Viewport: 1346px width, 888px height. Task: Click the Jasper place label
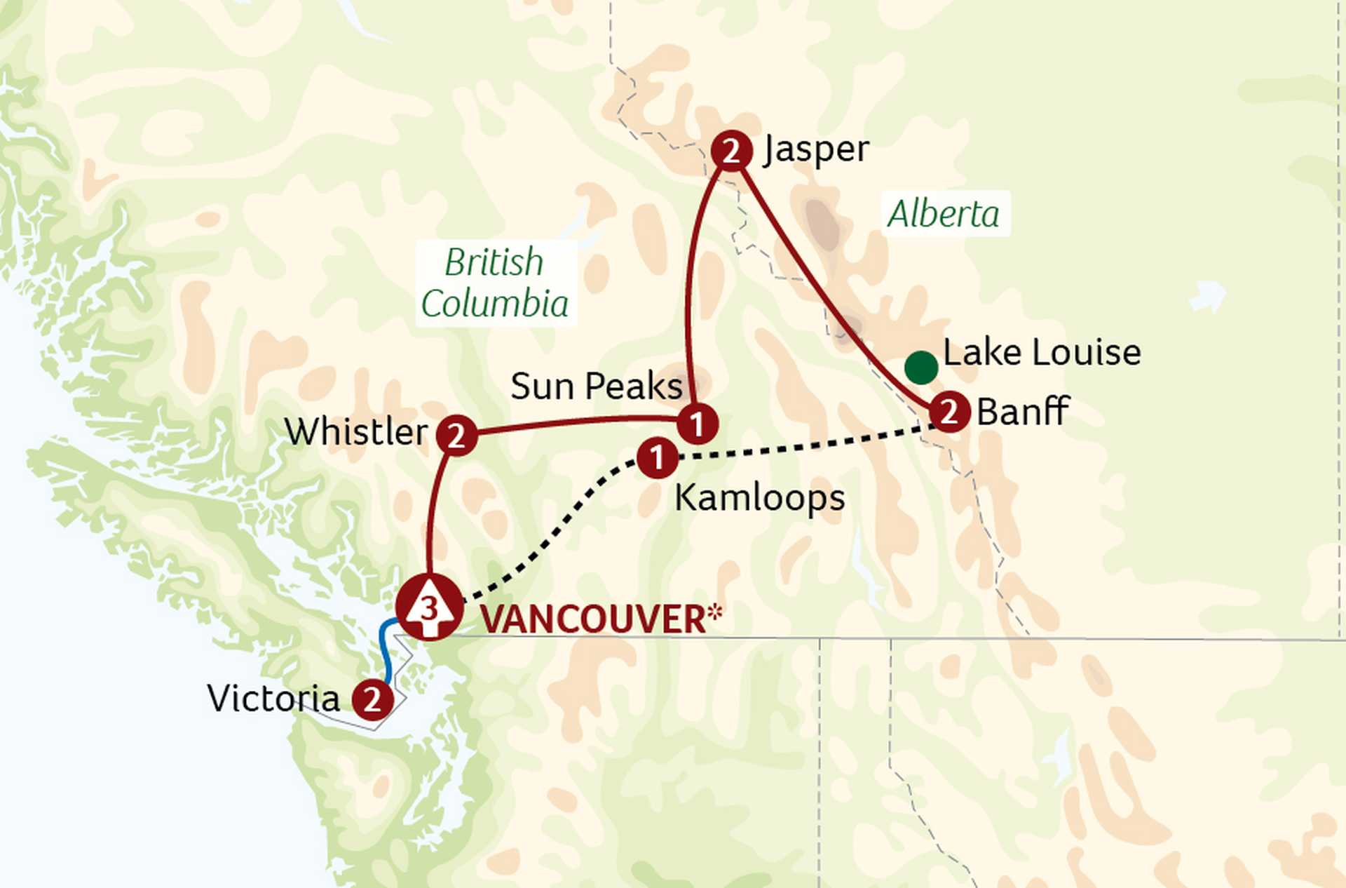pyautogui.click(x=817, y=149)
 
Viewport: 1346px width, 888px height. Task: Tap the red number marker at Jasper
pyautogui.click(x=731, y=151)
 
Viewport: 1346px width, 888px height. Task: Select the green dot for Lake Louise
pyautogui.click(x=921, y=367)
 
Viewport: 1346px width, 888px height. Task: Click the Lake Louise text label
pyautogui.click(x=1042, y=352)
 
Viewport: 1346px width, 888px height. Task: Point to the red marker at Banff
pyautogui.click(x=949, y=412)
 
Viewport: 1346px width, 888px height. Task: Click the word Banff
pyautogui.click(x=1022, y=412)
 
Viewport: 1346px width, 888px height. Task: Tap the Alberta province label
pyautogui.click(x=944, y=214)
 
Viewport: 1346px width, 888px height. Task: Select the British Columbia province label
pyautogui.click(x=495, y=283)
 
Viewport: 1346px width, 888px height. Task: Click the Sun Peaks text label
pyautogui.click(x=596, y=386)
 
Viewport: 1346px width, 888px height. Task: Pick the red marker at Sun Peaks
pyautogui.click(x=697, y=424)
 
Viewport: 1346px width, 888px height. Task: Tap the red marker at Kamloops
pyautogui.click(x=657, y=459)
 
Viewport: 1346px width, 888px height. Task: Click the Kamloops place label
pyautogui.click(x=759, y=498)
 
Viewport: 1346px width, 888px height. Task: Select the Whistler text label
pyautogui.click(x=356, y=431)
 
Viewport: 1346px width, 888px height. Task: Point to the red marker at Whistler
pyautogui.click(x=456, y=436)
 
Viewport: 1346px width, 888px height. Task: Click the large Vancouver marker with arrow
pyautogui.click(x=429, y=607)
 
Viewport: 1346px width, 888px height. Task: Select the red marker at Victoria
pyautogui.click(x=372, y=699)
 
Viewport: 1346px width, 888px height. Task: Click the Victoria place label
pyautogui.click(x=273, y=699)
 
